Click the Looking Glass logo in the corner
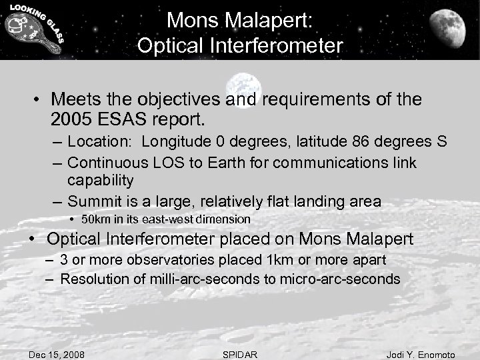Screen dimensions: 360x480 point(34,30)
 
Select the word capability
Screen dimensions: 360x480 point(101,181)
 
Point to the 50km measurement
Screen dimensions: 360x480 point(97,219)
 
